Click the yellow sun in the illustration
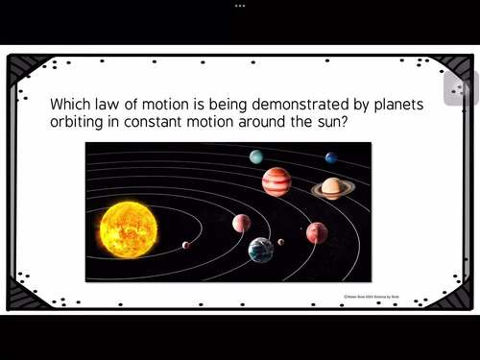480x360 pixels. [x=128, y=229]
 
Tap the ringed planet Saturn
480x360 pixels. [x=332, y=187]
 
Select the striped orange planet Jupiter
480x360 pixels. [x=276, y=181]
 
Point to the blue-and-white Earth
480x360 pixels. [x=260, y=250]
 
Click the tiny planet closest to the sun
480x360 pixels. [x=185, y=245]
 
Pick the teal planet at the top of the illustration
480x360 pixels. [x=256, y=156]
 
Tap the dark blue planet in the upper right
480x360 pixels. [x=331, y=157]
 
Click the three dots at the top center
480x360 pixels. [x=240, y=5]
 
